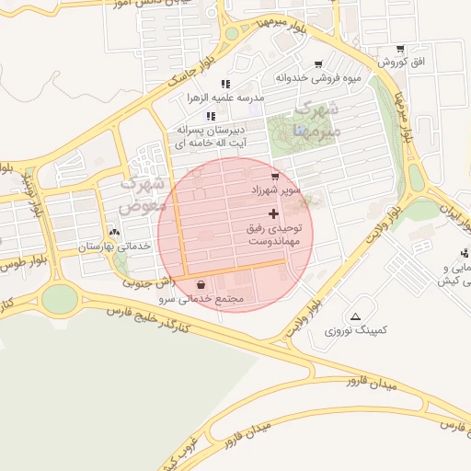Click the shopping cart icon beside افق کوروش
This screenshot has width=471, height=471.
[400, 49]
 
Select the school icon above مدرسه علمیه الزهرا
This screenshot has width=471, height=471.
[225, 84]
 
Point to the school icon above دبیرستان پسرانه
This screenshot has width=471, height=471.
[211, 116]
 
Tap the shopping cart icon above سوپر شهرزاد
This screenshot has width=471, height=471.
[274, 176]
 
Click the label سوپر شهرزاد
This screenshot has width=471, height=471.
[277, 190]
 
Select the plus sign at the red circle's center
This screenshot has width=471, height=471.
[273, 213]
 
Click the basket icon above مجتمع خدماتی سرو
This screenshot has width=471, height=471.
[201, 284]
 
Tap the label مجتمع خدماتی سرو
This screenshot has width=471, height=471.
[208, 299]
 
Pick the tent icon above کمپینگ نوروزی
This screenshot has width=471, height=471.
[356, 315]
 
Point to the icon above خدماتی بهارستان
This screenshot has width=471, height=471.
[114, 233]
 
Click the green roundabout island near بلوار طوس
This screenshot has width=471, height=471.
[59, 297]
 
